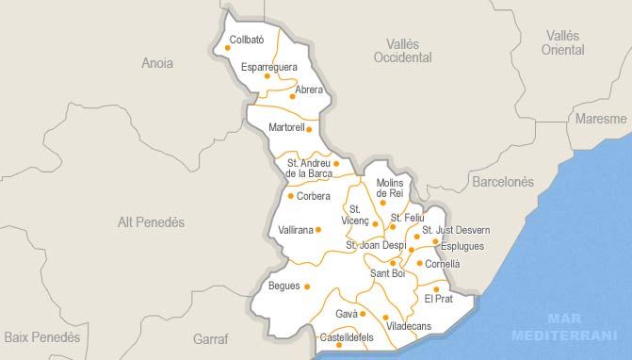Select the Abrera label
coord(309,90)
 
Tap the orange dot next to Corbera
coord(290,196)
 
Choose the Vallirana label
coord(296,229)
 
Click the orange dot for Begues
coord(307,286)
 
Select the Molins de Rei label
coord(389,188)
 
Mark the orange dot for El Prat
coord(436,289)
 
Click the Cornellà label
coord(443,264)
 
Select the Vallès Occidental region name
coord(402,51)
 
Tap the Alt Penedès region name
coord(151,221)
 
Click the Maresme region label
coord(602,119)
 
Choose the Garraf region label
coord(211,337)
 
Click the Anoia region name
coord(157,64)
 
